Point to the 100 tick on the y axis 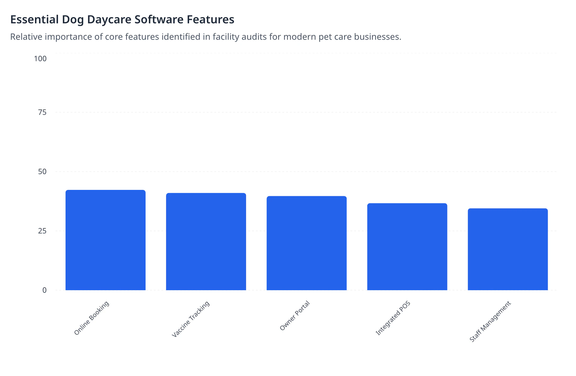click(40, 59)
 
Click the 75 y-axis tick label click(42, 112)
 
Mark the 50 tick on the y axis click(42, 172)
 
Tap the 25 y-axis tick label click(42, 231)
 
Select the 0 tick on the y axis click(44, 290)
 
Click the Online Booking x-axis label click(91, 318)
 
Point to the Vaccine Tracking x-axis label click(191, 319)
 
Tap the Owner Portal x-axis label click(295, 315)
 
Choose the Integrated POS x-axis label click(393, 318)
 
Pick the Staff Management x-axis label click(490, 321)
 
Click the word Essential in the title click(35, 20)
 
